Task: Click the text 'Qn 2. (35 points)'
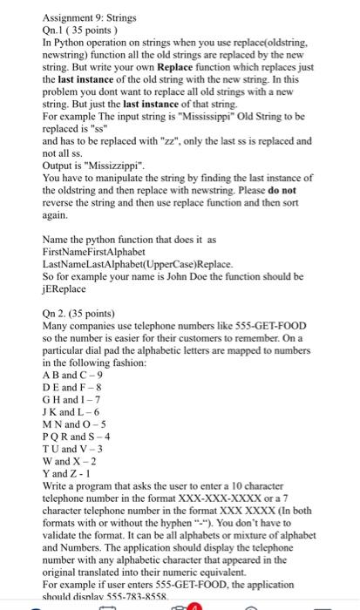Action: pyautogui.click(x=85, y=320)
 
